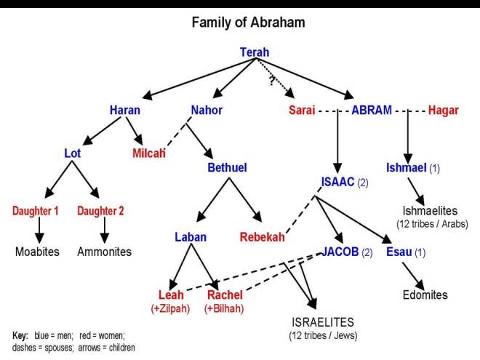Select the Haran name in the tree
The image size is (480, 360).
coord(125,111)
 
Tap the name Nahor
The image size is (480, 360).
coord(207,111)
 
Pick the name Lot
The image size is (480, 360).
coord(72,153)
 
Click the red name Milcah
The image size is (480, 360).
coord(148,153)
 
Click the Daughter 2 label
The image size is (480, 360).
coord(100,211)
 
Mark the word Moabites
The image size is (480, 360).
coord(38,252)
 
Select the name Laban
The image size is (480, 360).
coord(191,237)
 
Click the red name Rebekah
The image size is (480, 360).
coord(262,237)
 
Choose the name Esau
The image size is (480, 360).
coord(399,252)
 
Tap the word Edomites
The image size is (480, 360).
coord(425,295)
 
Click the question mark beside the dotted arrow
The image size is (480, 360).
coord(271,81)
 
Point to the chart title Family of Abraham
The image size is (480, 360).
coord(248,23)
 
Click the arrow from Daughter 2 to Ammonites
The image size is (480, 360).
coord(104,231)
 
